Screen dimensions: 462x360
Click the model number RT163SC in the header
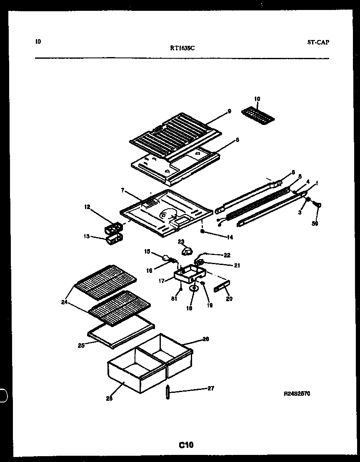pos(182,48)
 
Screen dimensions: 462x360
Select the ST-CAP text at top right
pos(318,42)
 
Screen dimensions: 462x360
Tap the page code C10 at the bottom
pos(186,445)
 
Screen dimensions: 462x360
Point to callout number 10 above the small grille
pos(257,99)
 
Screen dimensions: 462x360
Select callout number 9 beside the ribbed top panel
pos(229,111)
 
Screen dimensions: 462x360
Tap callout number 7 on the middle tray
pos(123,190)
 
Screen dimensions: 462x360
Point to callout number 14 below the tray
pos(230,237)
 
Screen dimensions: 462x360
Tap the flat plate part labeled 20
pos(222,288)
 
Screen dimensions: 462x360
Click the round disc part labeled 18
pos(194,287)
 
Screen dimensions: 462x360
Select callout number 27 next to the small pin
pos(211,388)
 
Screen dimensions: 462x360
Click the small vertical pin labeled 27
pos(168,392)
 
